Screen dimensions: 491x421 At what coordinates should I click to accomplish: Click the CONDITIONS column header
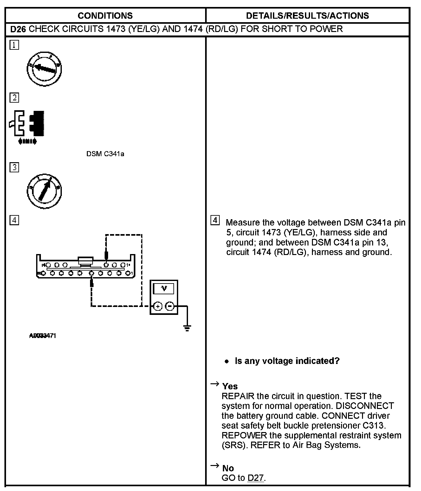[x=105, y=16]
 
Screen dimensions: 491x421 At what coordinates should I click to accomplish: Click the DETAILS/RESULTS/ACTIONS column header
[x=307, y=16]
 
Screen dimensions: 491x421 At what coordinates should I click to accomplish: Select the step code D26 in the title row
[x=18, y=29]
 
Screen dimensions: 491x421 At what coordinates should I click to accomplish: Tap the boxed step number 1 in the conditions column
[x=14, y=45]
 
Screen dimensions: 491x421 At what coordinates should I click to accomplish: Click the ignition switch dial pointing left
[x=44, y=69]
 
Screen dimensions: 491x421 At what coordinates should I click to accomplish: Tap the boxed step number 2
[x=14, y=98]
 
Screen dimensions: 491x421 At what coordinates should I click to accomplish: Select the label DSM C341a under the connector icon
[x=105, y=154]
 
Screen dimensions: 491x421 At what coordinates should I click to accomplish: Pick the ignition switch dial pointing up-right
[x=44, y=191]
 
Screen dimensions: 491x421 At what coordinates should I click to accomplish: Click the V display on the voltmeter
[x=164, y=289]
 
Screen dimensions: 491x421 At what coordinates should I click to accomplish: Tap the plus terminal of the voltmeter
[x=158, y=306]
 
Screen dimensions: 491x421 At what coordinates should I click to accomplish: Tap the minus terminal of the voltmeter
[x=170, y=306]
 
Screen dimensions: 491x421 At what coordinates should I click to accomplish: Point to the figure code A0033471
[x=42, y=336]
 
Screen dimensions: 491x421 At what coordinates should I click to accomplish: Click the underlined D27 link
[x=256, y=478]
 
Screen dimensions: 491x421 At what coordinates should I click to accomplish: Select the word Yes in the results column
[x=230, y=386]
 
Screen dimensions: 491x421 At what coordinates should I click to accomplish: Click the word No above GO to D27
[x=228, y=468]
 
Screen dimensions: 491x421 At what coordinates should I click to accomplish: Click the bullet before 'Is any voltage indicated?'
[x=226, y=361]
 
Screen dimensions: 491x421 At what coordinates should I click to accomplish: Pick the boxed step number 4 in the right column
[x=215, y=220]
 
